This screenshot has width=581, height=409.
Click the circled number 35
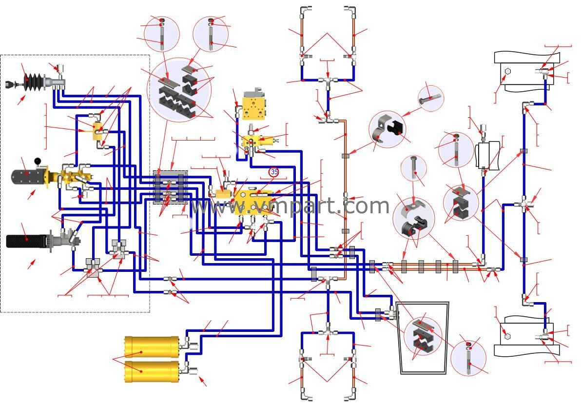tap(274, 172)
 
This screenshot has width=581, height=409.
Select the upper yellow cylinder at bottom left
tap(153, 348)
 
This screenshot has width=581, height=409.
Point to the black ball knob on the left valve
tap(37, 161)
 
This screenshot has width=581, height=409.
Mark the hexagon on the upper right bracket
tap(507, 71)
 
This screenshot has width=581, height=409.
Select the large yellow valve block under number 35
tap(253, 202)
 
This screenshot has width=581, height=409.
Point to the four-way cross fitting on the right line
tap(523, 202)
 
